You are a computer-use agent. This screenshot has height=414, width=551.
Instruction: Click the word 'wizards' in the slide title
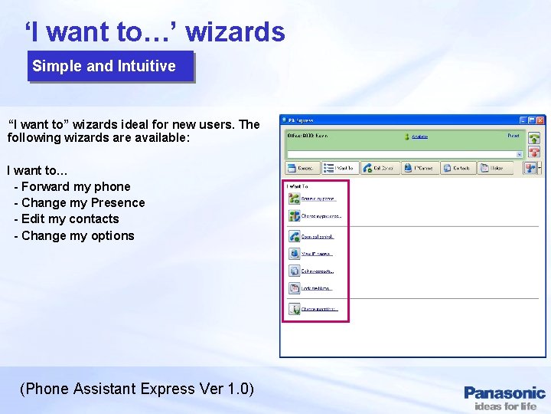[235, 32]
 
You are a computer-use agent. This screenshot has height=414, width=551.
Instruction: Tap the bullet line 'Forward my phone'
[76, 186]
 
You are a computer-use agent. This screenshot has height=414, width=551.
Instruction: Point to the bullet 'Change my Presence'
[83, 202]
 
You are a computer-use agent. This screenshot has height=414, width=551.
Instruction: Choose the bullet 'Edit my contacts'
[70, 219]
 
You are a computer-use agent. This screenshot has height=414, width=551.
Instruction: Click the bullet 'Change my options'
[77, 235]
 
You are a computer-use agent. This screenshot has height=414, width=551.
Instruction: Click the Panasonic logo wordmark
[504, 393]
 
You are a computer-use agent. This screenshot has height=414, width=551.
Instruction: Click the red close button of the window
[540, 120]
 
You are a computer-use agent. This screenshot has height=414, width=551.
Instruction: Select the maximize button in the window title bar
[531, 120]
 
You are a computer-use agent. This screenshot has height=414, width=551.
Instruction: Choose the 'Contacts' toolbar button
[458, 167]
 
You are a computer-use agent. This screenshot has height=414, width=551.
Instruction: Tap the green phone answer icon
[534, 139]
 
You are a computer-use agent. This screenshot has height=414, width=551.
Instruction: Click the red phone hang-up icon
[534, 153]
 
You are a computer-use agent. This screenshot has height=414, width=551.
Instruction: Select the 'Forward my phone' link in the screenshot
[318, 199]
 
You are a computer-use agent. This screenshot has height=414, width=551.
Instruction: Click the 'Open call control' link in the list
[317, 236]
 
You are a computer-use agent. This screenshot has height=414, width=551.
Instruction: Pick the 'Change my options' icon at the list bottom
[294, 309]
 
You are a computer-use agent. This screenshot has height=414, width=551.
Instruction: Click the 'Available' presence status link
[419, 136]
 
